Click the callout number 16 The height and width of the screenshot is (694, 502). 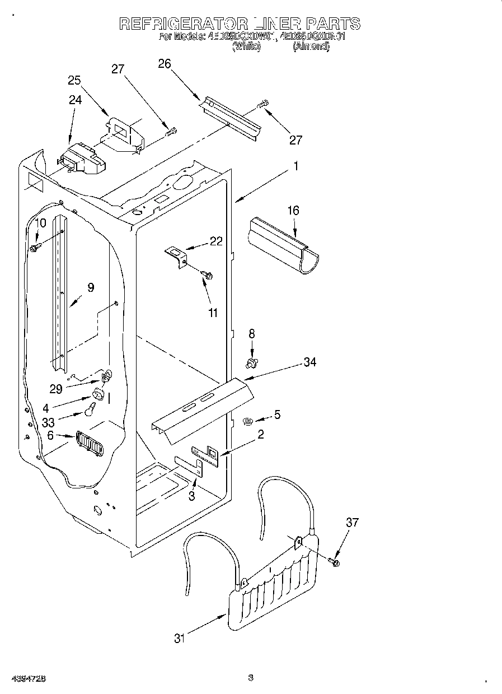[x=293, y=211]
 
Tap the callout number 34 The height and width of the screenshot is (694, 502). [x=309, y=362]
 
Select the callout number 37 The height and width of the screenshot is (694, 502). [x=351, y=523]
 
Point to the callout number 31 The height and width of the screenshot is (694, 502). [x=179, y=638]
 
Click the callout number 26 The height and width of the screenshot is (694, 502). [x=164, y=64]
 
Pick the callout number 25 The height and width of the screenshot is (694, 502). [x=74, y=80]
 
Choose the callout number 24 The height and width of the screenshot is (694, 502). [x=75, y=100]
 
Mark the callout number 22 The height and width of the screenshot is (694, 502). [x=216, y=241]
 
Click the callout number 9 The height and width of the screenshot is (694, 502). [x=90, y=287]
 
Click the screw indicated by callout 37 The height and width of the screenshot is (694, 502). [x=335, y=561]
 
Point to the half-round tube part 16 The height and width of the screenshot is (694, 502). [x=283, y=244]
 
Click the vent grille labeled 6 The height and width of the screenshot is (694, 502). [x=88, y=444]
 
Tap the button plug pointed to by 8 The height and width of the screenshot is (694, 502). [x=251, y=364]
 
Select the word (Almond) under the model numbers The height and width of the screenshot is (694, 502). [x=311, y=47]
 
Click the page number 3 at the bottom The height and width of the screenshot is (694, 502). [x=251, y=678]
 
